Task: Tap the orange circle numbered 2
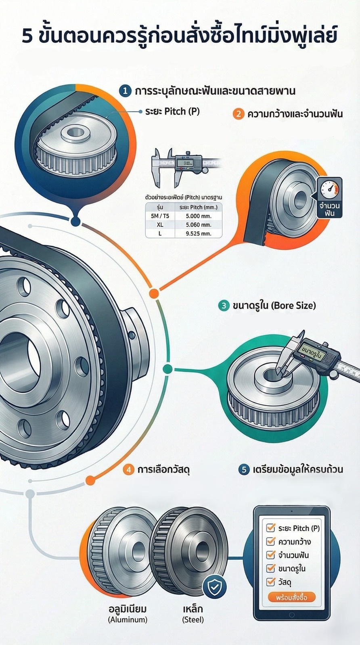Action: coord(239,114)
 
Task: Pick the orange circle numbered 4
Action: coord(128,469)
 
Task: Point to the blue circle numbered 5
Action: coord(244,469)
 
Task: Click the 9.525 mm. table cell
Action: coord(199,233)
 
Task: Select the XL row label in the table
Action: coord(160,224)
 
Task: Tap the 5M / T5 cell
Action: coord(160,216)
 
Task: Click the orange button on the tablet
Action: coord(291,597)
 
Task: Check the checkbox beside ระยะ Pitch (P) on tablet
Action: coord(270,528)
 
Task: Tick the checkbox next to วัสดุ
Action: coord(270,582)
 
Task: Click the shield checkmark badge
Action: coord(214,587)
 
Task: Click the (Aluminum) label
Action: coord(128,620)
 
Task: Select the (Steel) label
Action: coord(193,620)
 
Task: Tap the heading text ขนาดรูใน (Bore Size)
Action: coord(274,306)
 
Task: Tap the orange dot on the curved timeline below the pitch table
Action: coord(153,293)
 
